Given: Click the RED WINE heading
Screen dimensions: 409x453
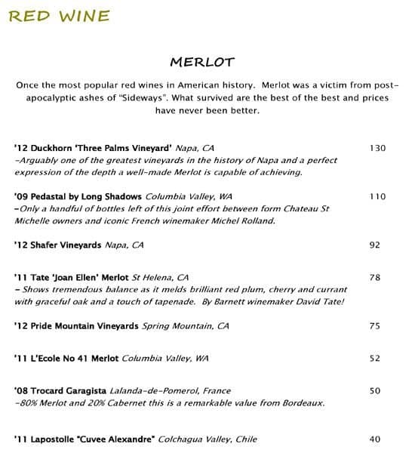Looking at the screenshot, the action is pos(58,15).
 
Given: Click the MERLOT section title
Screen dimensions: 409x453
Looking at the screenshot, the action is pos(204,60).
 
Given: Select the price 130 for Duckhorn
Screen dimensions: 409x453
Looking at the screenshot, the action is pos(377,148).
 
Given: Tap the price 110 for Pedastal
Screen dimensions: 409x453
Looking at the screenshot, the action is pos(377,196).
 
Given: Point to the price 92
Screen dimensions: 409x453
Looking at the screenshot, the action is pos(375,245).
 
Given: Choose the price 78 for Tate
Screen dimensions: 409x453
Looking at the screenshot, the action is pos(375,278).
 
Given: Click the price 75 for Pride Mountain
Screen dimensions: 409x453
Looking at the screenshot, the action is pos(375,326).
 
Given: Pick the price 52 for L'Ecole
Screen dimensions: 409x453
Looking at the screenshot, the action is pos(375,359).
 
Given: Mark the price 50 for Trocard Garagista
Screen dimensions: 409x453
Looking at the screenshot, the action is pos(375,391).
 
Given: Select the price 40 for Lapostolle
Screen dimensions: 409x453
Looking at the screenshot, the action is pos(375,439).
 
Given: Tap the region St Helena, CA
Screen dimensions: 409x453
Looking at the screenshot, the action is pos(161,278).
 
